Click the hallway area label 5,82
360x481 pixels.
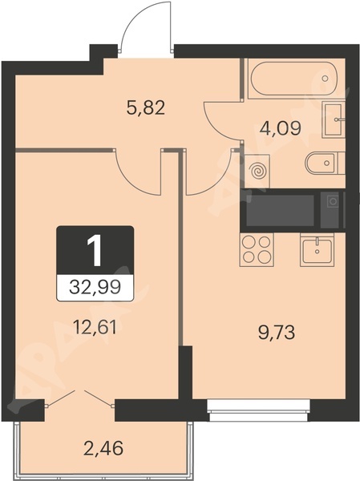pyautogui.click(x=146, y=108)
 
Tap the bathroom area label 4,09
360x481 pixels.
pyautogui.click(x=280, y=128)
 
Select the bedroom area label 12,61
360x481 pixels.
pyautogui.click(x=95, y=328)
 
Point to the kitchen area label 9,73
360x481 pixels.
pyautogui.click(x=277, y=333)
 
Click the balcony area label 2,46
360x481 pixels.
pyautogui.click(x=103, y=447)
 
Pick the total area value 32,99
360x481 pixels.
pyautogui.click(x=95, y=288)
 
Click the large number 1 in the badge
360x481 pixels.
pyautogui.click(x=95, y=251)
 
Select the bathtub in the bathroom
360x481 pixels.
pyautogui.click(x=293, y=79)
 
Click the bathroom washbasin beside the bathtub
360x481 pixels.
pyautogui.click(x=333, y=120)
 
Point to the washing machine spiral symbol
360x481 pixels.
pyautogui.click(x=258, y=172)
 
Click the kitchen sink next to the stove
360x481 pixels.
pyautogui.click(x=317, y=249)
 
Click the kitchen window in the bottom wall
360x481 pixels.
pyautogui.click(x=259, y=410)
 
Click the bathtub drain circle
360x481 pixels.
pyautogui.click(x=325, y=79)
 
